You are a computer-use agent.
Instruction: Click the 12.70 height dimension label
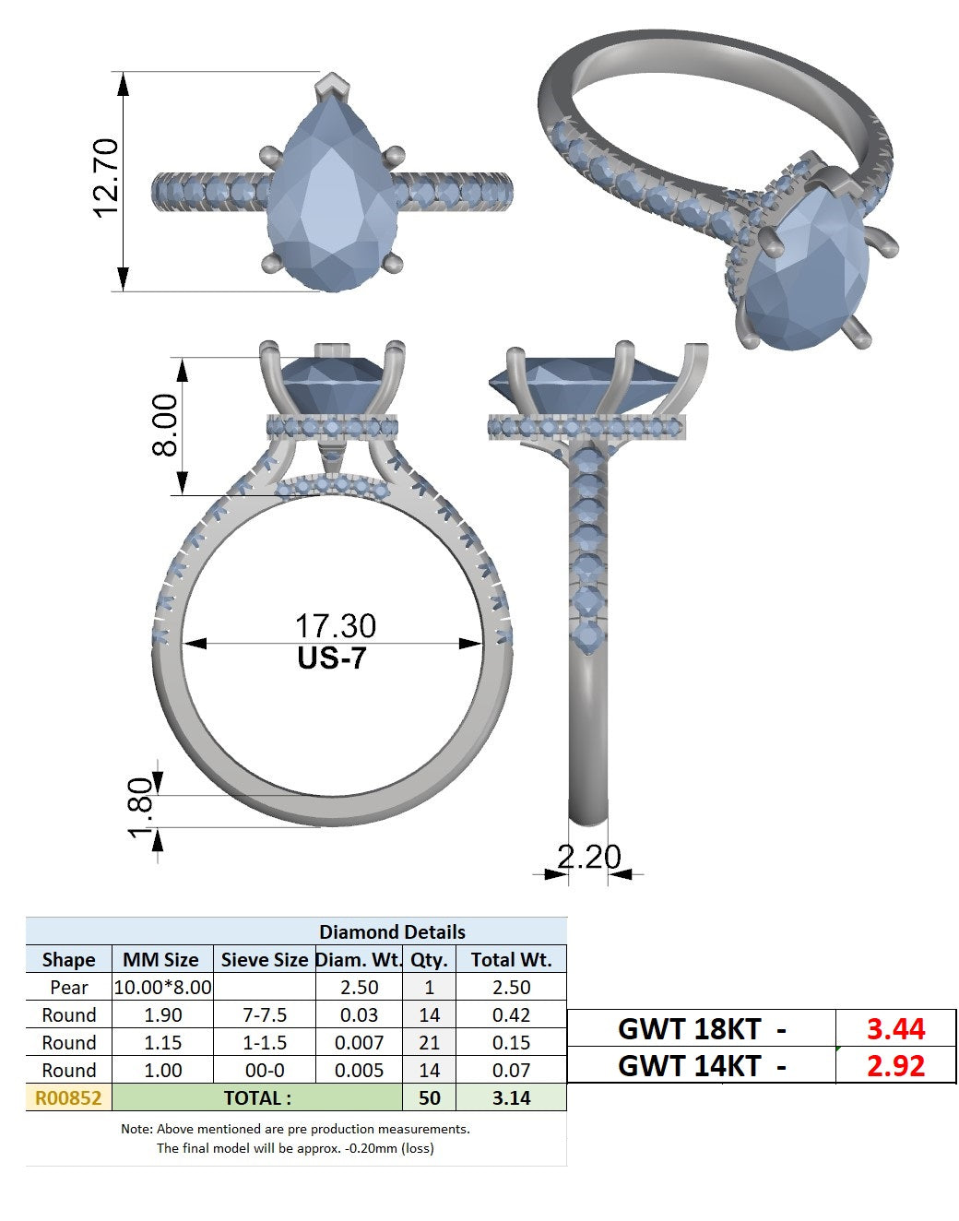click(x=106, y=178)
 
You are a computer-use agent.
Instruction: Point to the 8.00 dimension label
click(x=165, y=425)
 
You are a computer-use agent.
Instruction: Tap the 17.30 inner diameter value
click(x=336, y=626)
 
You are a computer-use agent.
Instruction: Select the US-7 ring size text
click(x=332, y=658)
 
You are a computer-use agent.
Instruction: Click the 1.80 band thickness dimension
click(x=140, y=808)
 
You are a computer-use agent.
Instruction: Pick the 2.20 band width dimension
click(x=589, y=857)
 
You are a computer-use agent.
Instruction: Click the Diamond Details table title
click(x=392, y=932)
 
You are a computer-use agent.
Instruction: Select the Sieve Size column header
click(x=265, y=960)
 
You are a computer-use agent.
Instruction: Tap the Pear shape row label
click(x=69, y=988)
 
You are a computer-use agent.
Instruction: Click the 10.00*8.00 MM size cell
click(x=163, y=988)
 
